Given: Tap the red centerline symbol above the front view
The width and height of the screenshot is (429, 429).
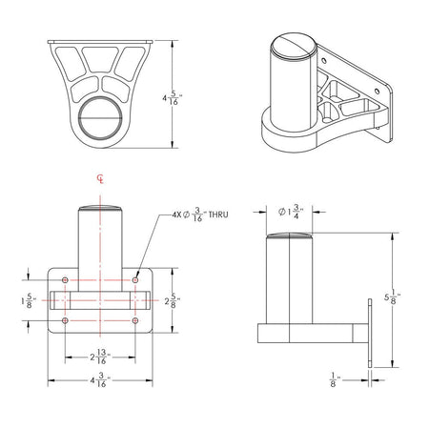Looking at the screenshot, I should point(102,178).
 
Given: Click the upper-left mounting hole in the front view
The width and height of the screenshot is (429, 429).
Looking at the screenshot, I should point(64,279).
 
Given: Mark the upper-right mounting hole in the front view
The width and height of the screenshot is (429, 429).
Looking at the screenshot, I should point(138,279).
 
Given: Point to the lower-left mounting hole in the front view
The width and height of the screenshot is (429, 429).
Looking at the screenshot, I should point(64,320).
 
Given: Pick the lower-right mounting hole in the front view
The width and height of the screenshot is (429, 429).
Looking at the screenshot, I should point(138,320).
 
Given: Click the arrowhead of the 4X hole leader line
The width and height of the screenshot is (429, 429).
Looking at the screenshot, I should point(139,276).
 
